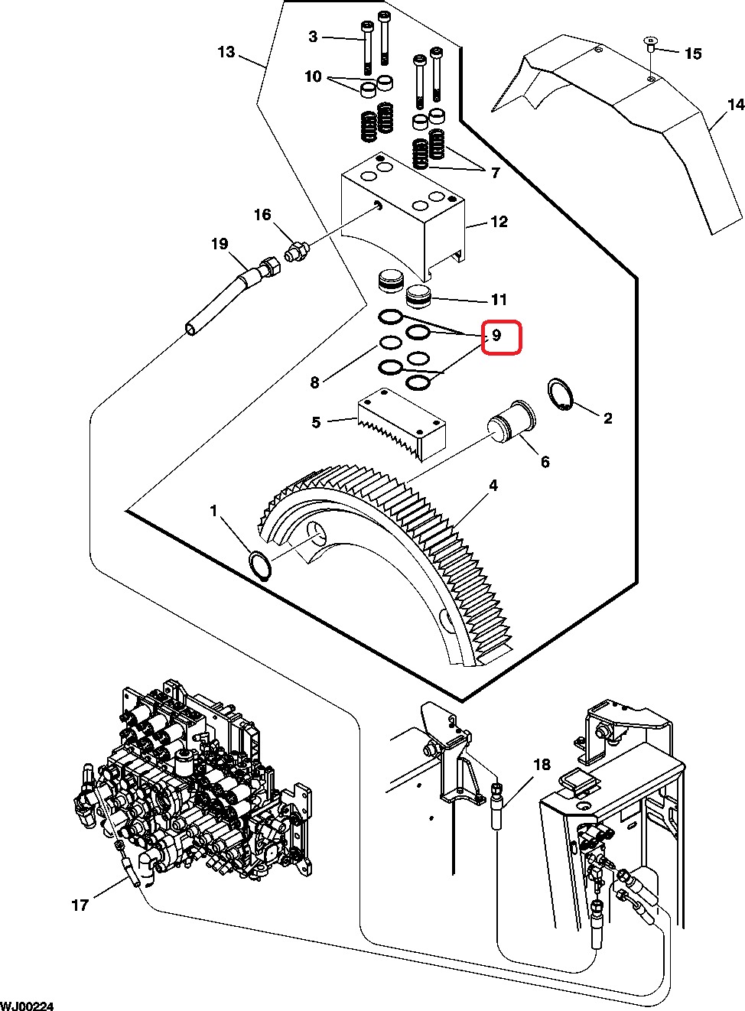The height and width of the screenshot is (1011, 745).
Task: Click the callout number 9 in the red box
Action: tap(496, 335)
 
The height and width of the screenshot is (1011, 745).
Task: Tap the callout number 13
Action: tap(226, 52)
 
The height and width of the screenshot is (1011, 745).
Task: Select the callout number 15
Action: tap(693, 54)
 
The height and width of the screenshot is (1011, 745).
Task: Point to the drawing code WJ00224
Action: tap(27, 1006)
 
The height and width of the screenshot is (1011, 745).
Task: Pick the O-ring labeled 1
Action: tap(259, 564)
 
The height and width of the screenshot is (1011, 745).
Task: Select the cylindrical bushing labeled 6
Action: tap(511, 422)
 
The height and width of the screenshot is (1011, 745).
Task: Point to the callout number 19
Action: tap(220, 244)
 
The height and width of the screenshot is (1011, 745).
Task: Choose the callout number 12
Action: tap(499, 222)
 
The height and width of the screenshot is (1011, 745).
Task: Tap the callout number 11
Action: tap(499, 299)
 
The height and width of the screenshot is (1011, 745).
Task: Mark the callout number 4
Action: tap(493, 486)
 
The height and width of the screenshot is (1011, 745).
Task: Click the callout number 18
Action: tap(542, 764)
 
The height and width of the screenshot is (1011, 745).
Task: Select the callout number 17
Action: tap(80, 905)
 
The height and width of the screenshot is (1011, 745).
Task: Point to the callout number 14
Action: tap(737, 105)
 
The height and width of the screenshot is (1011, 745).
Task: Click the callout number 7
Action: tap(496, 173)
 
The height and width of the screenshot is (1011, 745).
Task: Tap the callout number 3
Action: tap(313, 37)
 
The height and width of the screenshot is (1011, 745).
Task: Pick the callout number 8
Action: tap(314, 382)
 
